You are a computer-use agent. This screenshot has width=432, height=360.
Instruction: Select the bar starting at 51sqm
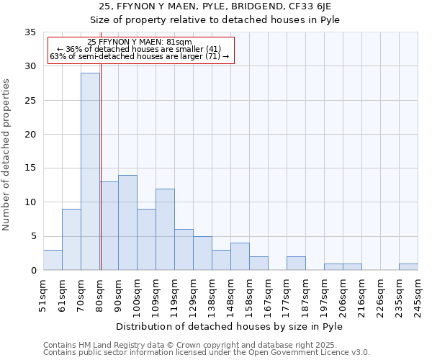point(53,260)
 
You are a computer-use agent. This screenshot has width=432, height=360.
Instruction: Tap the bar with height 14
point(127,222)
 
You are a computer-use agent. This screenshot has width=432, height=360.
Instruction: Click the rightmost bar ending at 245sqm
point(408,267)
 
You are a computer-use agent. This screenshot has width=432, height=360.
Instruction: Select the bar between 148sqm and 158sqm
point(240,256)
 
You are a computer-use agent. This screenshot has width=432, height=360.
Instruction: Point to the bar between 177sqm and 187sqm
point(296,264)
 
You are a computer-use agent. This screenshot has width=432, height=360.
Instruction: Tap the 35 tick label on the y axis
point(30,32)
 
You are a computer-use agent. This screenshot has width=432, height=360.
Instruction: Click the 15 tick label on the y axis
point(30,168)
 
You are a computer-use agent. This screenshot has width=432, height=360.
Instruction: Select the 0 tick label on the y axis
point(33,271)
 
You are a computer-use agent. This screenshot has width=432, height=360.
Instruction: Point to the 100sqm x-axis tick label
point(137,294)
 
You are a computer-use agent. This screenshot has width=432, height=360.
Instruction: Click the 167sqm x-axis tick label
point(268,294)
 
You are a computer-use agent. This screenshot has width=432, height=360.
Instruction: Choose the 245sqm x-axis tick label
point(418,294)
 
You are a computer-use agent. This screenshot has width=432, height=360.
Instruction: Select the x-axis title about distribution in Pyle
point(230,326)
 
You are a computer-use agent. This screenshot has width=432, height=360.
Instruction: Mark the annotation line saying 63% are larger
point(139,56)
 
